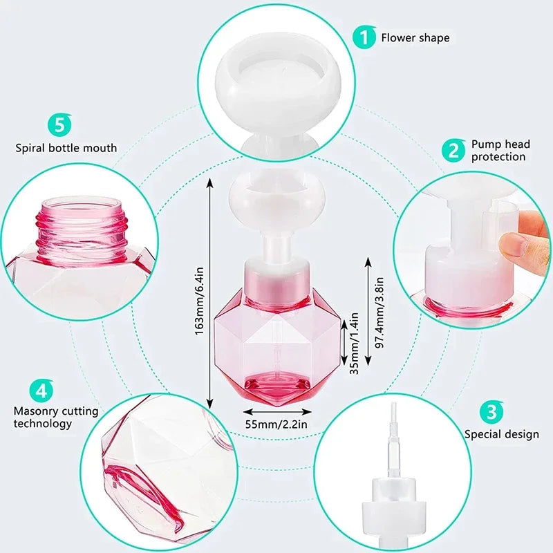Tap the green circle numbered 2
point(454,150)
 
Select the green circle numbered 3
point(491,413)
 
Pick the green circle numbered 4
point(42,391)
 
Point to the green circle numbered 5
point(59,126)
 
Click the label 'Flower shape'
point(415,37)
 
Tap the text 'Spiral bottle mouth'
point(66,148)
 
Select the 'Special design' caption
point(501,435)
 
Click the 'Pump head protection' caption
point(500,150)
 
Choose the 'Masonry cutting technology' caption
point(56,418)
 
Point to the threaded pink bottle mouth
point(82,221)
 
